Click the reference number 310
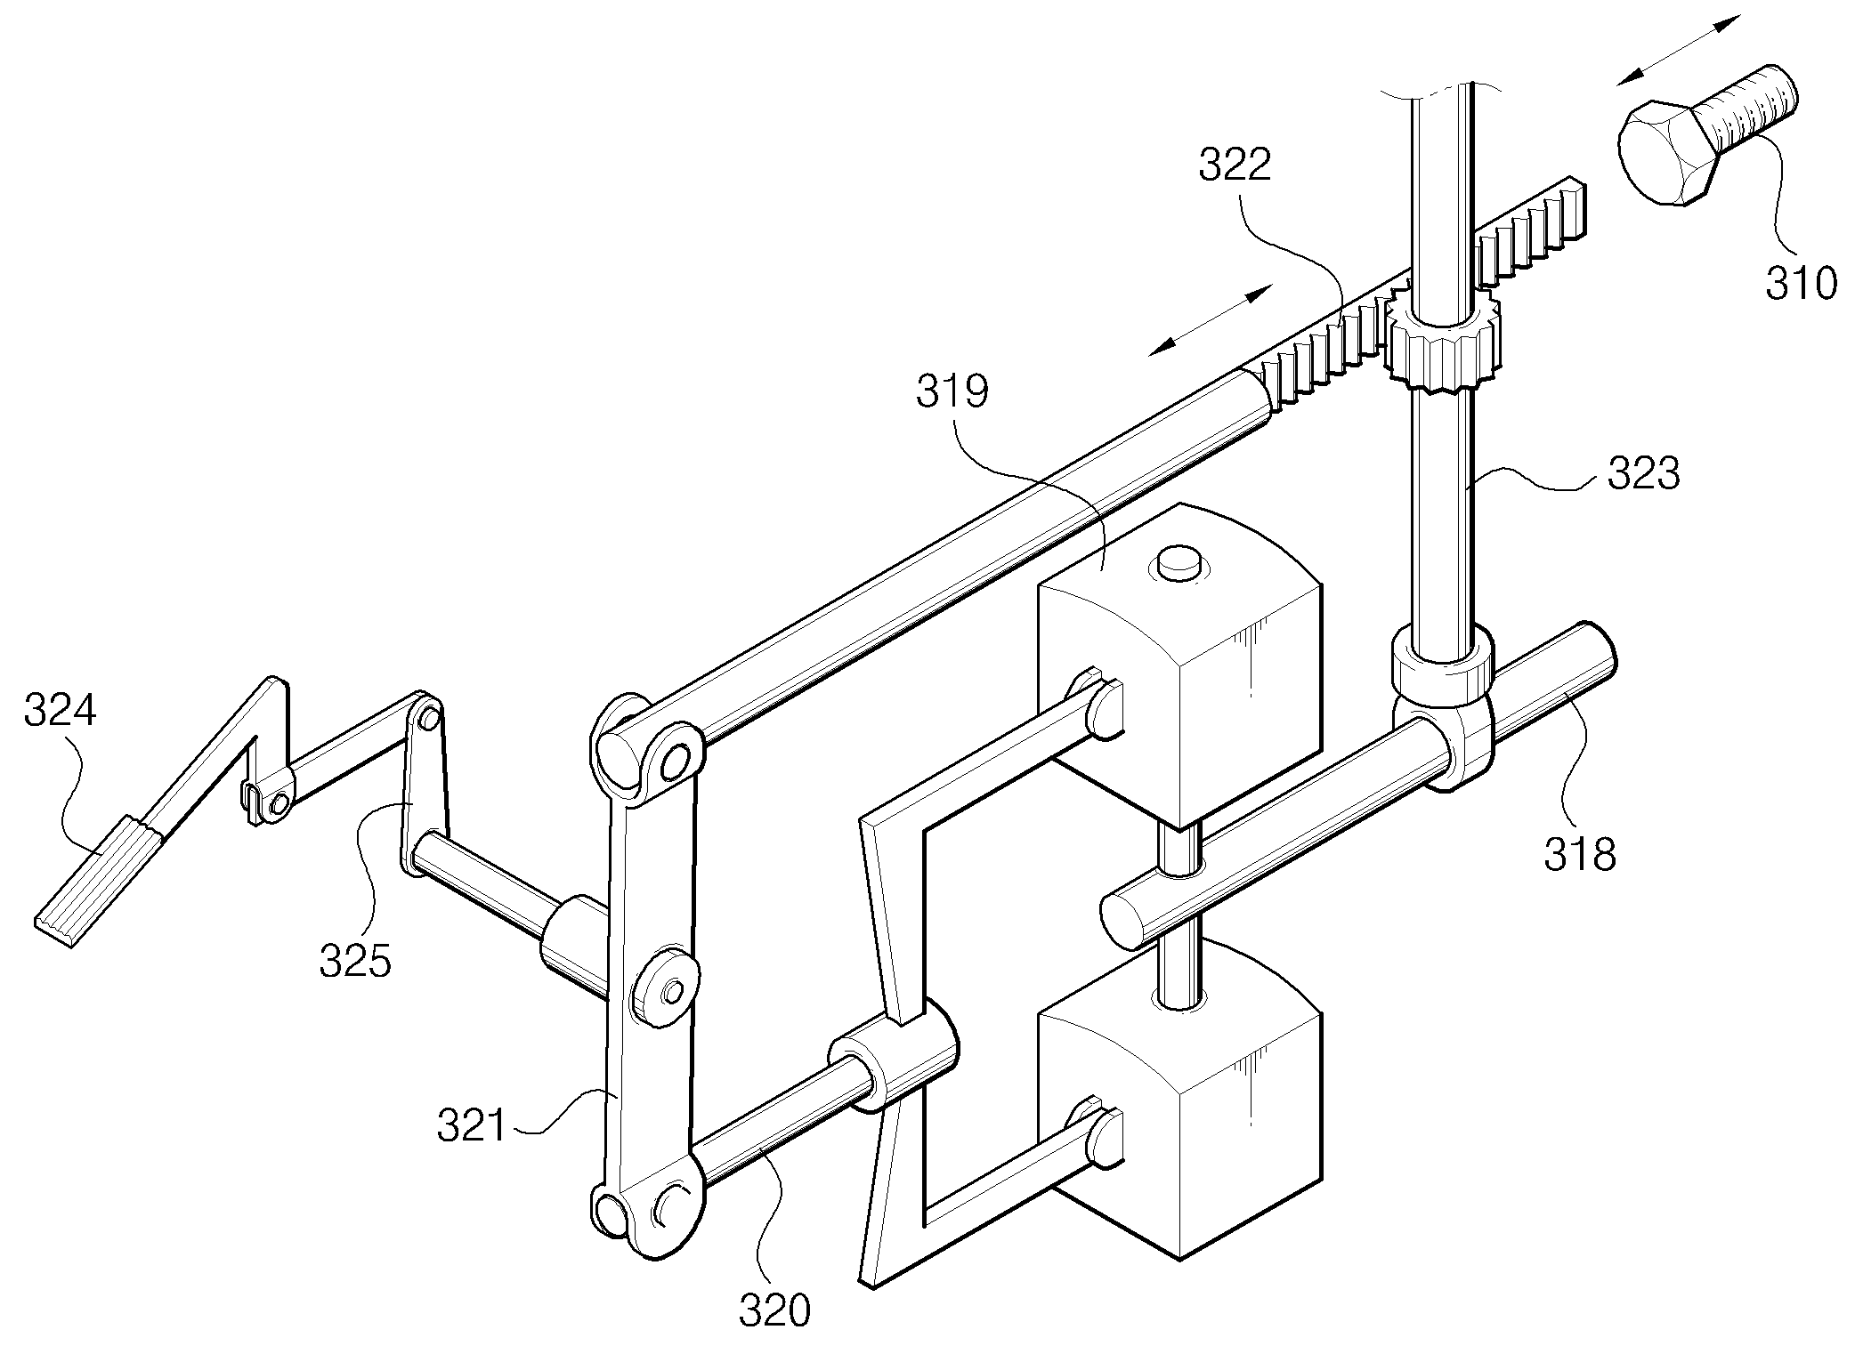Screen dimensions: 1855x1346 [1801, 283]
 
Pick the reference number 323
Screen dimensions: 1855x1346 [1643, 474]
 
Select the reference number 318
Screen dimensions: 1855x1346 [1580, 854]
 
